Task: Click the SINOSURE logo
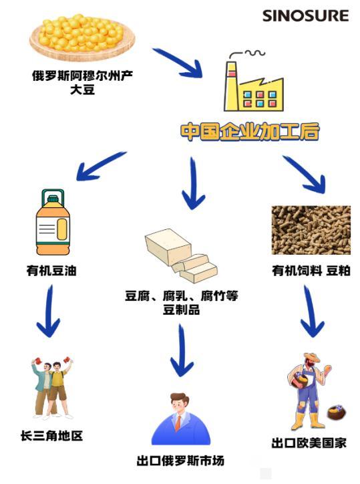coord(305,16)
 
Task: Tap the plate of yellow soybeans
coord(82,37)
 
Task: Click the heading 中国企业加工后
coord(250,132)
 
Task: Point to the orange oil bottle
coord(53,222)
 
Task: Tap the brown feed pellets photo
coord(311,230)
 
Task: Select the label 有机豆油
coord(51,271)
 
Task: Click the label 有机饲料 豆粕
coord(311,271)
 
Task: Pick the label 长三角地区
coord(51,436)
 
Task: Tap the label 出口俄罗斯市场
coord(180,461)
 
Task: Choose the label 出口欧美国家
coord(309,443)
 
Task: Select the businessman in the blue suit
coord(181,419)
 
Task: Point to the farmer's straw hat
coord(311,358)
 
